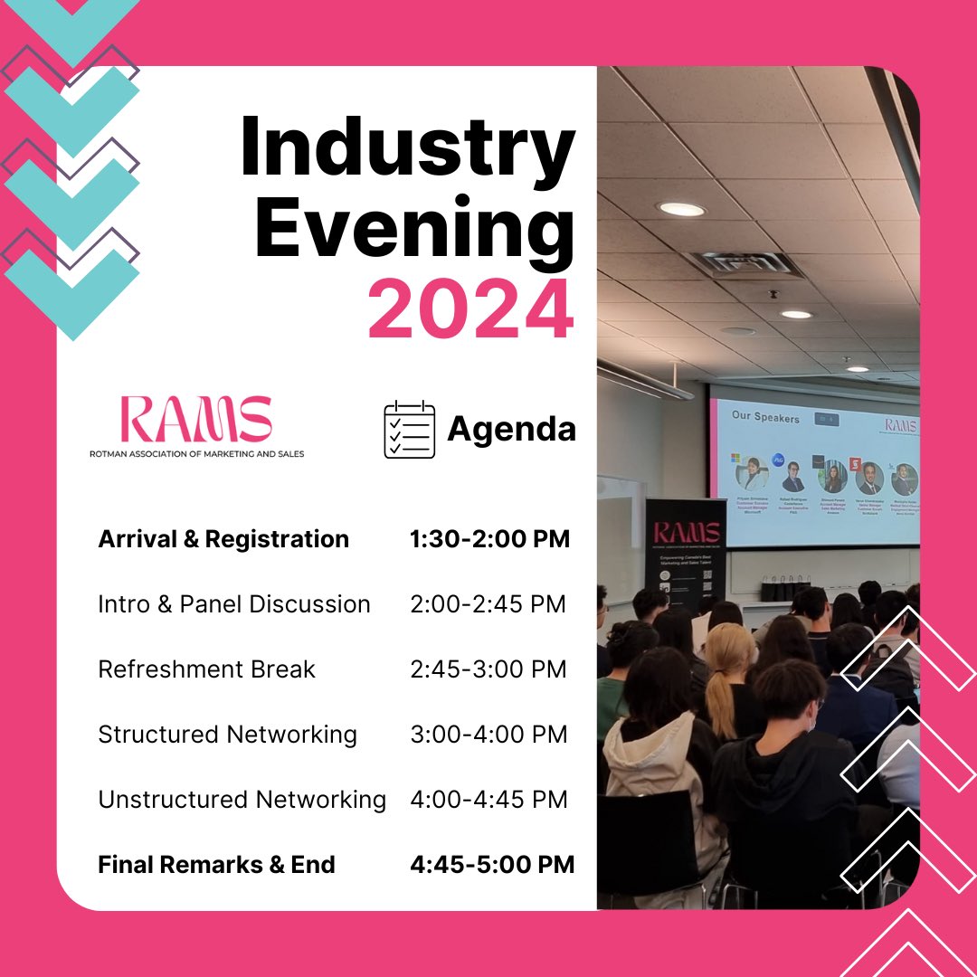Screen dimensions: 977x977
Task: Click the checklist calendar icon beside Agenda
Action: (409, 430)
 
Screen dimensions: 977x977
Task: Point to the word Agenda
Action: (511, 429)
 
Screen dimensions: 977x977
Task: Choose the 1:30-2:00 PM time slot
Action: (489, 539)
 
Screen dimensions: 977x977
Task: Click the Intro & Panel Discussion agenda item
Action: (234, 604)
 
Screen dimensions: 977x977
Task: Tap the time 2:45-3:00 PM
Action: (488, 669)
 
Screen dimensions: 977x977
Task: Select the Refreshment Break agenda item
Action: (206, 669)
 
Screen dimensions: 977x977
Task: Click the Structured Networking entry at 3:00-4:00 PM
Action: (227, 735)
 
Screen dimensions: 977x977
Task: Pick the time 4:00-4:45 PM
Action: (488, 800)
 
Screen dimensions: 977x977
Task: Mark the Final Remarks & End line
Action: (216, 865)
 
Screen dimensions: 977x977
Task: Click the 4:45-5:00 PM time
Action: (492, 865)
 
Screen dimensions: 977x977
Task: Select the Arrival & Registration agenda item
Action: (223, 539)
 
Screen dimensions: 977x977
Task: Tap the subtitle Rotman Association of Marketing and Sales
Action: (196, 453)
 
